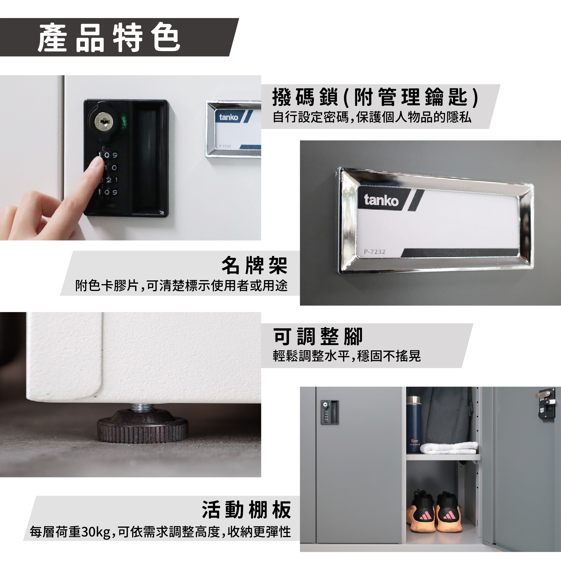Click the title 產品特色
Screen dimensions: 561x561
109,37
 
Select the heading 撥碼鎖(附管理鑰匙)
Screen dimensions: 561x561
375,97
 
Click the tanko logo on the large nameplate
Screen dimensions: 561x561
381,200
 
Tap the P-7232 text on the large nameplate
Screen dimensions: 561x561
375,252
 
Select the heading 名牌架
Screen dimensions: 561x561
254,265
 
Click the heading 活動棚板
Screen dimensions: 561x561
246,510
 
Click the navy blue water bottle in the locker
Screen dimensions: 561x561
413,424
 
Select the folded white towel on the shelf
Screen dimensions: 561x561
449,448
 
